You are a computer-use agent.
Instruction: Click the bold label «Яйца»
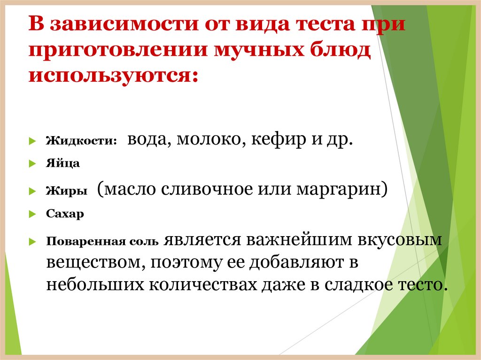[x=63, y=164]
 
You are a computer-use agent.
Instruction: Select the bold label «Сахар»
[x=65, y=214]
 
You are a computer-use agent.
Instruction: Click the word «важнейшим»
[x=298, y=240]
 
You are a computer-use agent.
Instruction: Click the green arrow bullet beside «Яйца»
[x=32, y=164]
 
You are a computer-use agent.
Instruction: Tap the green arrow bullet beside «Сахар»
[x=32, y=214]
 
